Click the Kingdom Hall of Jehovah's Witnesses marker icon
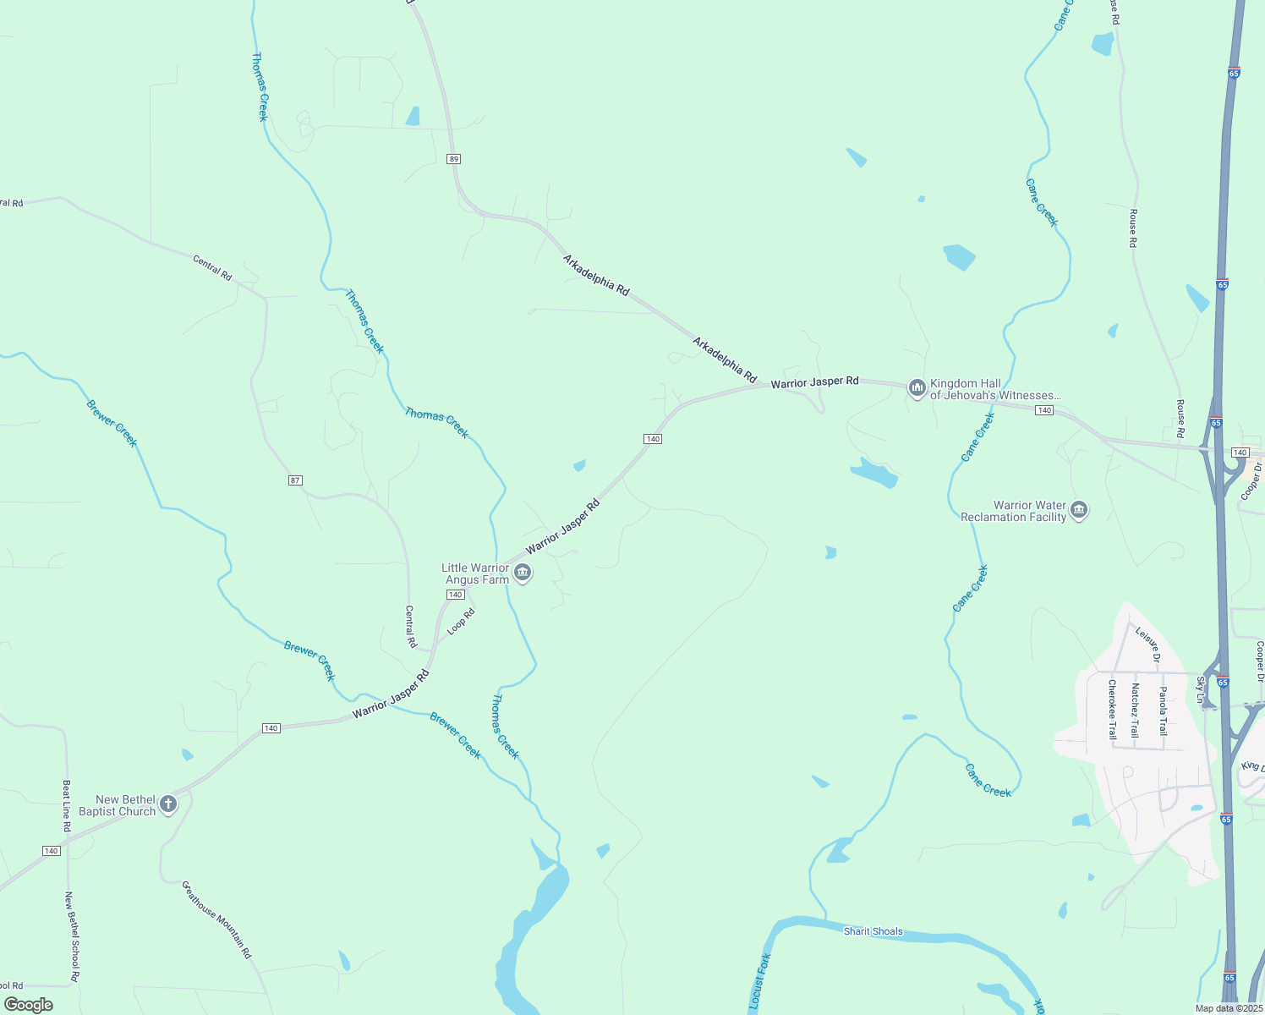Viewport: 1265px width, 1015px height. click(x=917, y=389)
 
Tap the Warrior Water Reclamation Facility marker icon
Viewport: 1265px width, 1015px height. click(x=1079, y=510)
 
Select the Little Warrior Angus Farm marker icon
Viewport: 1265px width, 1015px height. click(x=523, y=573)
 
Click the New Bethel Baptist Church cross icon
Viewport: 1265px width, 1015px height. click(x=168, y=804)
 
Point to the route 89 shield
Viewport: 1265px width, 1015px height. click(x=454, y=159)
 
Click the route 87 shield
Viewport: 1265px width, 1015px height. click(x=295, y=480)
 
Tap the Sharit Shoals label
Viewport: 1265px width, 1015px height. click(x=873, y=931)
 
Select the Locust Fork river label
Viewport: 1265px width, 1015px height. click(x=760, y=981)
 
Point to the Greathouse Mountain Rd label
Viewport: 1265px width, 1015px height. click(x=217, y=919)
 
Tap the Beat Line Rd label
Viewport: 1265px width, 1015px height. click(x=67, y=805)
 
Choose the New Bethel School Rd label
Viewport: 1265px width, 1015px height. click(x=72, y=936)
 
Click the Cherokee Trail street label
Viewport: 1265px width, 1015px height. click(x=1112, y=710)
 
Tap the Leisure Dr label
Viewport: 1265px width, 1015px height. click(x=1148, y=645)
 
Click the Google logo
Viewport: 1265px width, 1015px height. click(x=28, y=1005)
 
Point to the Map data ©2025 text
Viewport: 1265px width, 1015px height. click(x=1229, y=1008)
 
